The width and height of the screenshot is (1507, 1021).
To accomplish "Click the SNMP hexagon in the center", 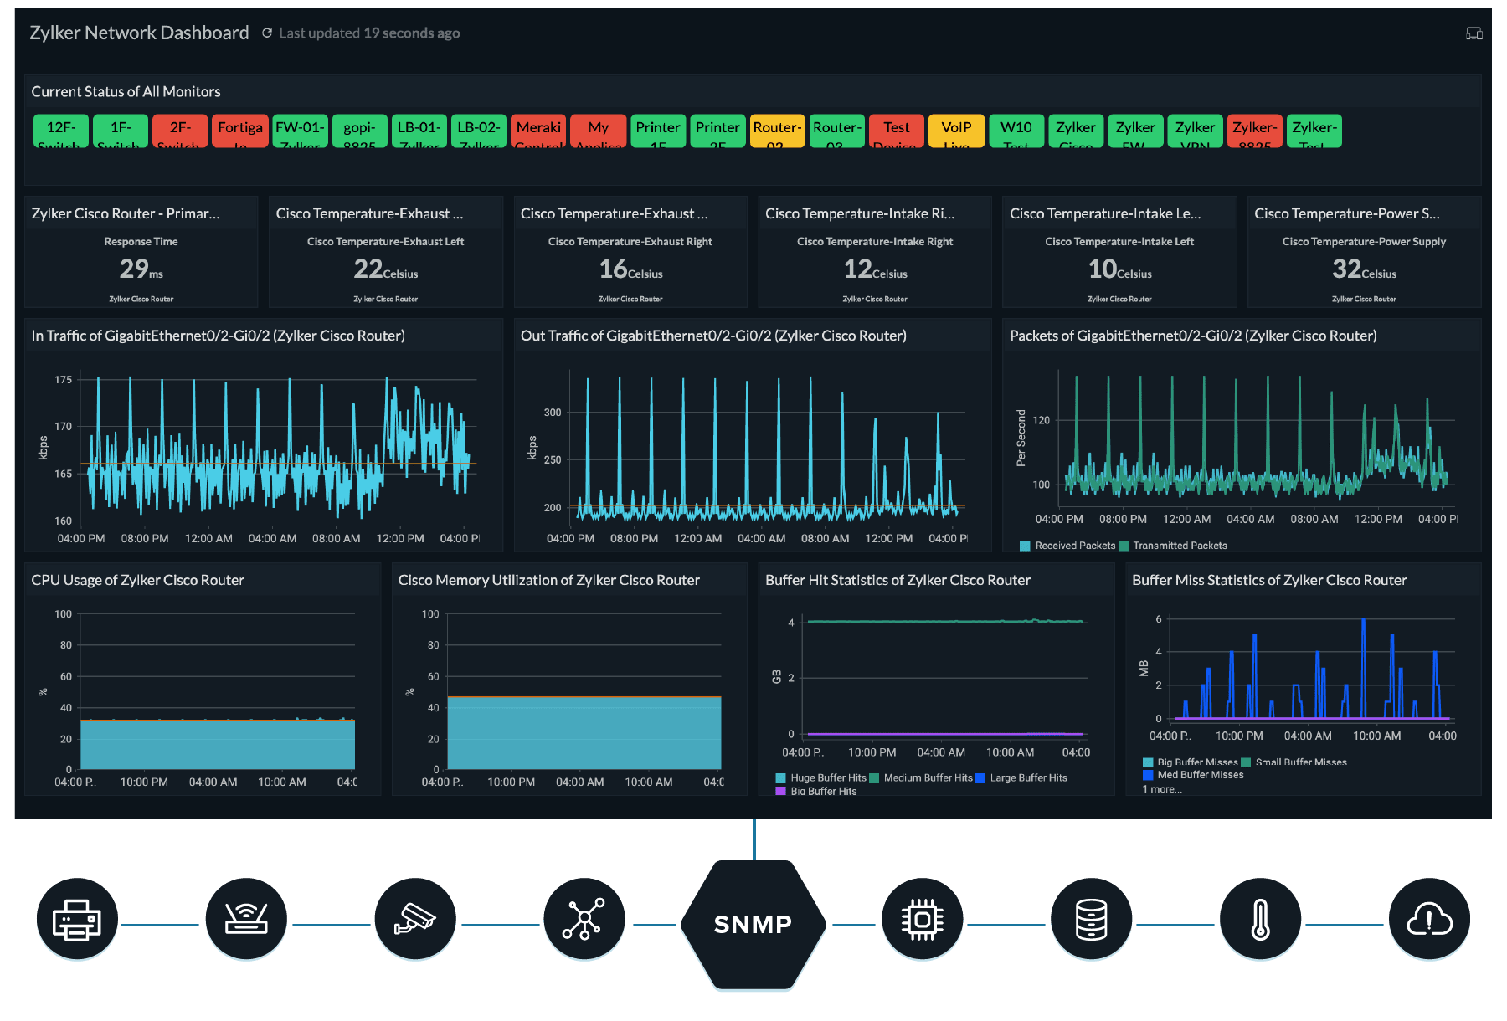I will (x=753, y=924).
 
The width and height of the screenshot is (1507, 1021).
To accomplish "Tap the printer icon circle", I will (x=77, y=921).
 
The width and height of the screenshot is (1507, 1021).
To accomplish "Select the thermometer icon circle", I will (x=1260, y=921).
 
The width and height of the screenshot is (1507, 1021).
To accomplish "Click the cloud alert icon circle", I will (x=1429, y=921).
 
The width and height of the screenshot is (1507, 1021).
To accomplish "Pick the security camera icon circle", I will (x=415, y=921).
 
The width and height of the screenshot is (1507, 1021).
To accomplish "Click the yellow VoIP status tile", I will (x=956, y=131).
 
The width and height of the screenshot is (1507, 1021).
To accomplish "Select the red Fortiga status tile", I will (x=240, y=131).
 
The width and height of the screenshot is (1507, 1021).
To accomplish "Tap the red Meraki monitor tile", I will (x=538, y=131).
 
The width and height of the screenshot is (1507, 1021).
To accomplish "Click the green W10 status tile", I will (x=1016, y=131).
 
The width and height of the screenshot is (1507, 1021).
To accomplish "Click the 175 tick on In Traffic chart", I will (x=64, y=379).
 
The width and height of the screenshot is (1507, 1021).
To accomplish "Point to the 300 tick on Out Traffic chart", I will (x=553, y=412).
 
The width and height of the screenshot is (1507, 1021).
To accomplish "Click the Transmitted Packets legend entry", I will (x=1179, y=546).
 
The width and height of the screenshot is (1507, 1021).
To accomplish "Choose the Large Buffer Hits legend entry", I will (x=1027, y=777).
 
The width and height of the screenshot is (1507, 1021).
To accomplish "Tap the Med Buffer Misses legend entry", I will (x=1199, y=775).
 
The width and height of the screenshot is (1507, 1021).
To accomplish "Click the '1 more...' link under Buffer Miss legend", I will (x=1162, y=789).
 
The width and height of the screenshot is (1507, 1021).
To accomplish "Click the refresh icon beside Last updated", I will (x=267, y=33).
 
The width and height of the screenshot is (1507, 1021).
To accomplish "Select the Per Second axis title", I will (x=1021, y=438).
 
